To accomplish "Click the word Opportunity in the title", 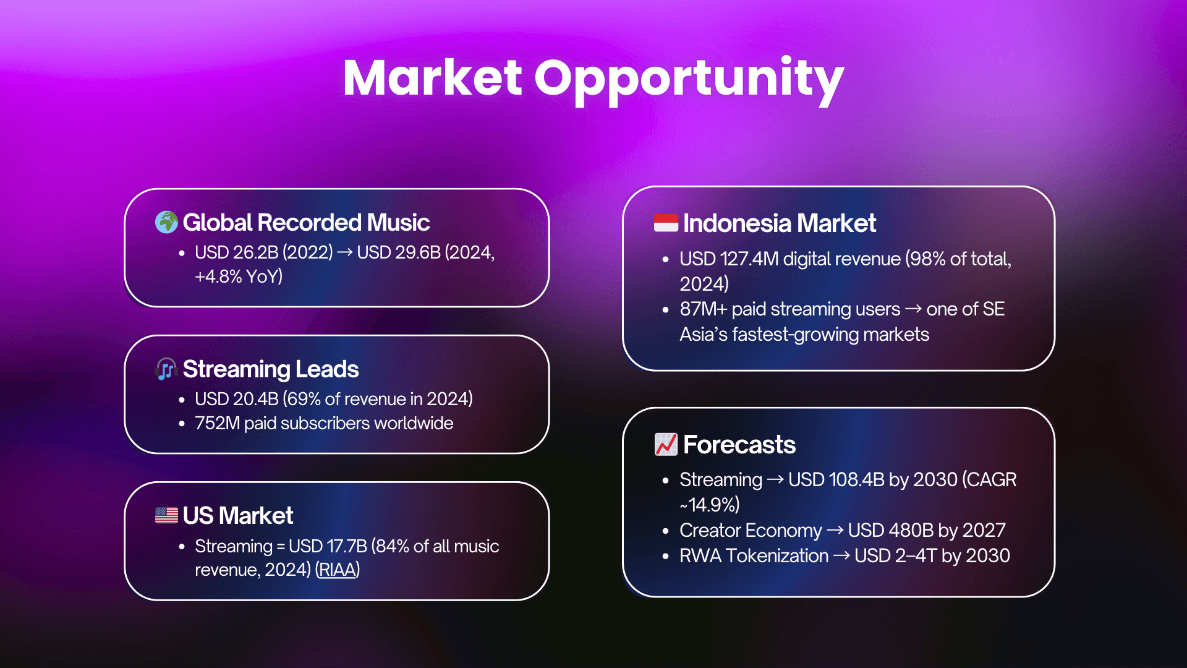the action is tap(689, 80).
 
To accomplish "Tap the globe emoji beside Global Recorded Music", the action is tap(166, 222).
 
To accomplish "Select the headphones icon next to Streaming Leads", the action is tap(166, 369).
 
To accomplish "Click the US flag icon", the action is tap(166, 515).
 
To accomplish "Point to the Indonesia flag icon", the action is tap(666, 223).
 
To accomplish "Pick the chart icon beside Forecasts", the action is tap(666, 444).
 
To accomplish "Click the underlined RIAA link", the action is tap(338, 570).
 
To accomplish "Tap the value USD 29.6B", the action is tap(399, 252).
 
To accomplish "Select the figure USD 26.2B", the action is tap(237, 252).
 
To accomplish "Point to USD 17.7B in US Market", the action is tap(328, 546).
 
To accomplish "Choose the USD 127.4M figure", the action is tap(729, 259).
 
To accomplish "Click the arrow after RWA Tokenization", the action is tap(841, 556).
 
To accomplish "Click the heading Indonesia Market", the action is tap(780, 223).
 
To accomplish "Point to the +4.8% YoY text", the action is tap(239, 276).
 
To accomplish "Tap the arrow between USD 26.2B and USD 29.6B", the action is tap(345, 252).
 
